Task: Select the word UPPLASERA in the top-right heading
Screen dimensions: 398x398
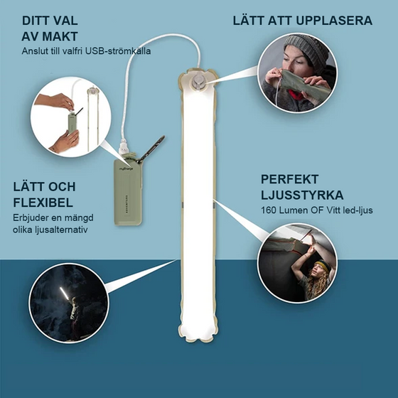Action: click(333, 21)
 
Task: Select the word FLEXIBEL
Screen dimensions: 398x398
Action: click(43, 201)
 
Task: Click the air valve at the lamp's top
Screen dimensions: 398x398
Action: click(198, 83)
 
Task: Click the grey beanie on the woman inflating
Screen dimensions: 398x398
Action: click(304, 51)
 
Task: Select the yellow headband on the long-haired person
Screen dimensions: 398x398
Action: click(321, 265)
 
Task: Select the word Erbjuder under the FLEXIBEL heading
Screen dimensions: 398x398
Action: click(32, 217)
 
